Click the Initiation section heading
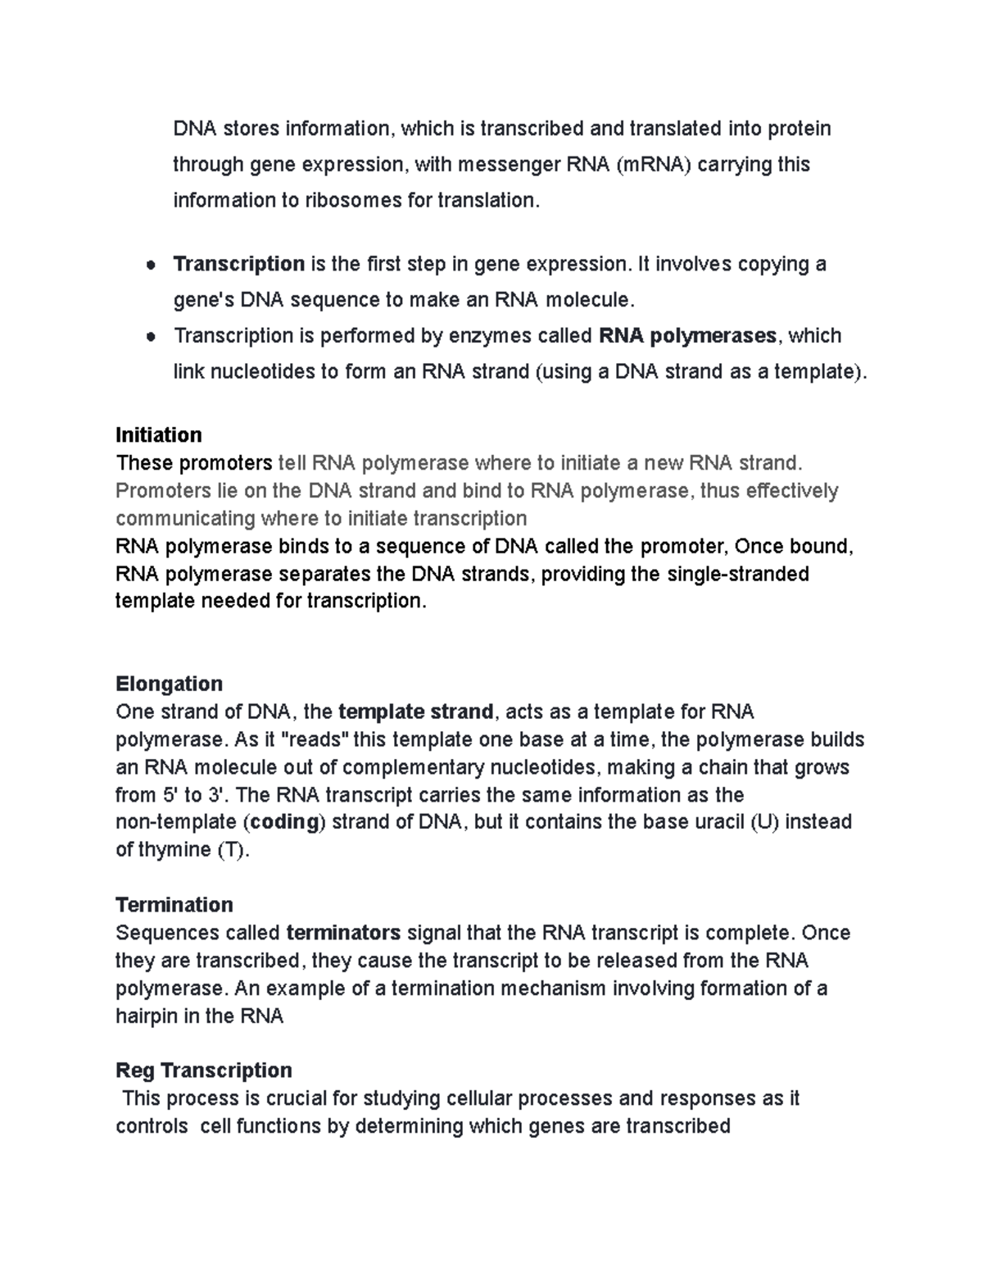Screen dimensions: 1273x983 (159, 434)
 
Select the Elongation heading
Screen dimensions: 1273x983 (169, 684)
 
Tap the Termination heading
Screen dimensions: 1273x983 (174, 904)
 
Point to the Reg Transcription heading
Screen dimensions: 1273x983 (204, 1070)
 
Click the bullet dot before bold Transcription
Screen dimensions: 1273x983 (150, 265)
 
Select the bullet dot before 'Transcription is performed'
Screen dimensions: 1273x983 (150, 336)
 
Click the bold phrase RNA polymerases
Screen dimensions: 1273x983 (688, 335)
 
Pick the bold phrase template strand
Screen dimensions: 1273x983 (415, 712)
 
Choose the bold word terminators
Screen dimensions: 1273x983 (343, 932)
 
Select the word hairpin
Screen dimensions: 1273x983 (148, 1016)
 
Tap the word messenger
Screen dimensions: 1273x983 (509, 165)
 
